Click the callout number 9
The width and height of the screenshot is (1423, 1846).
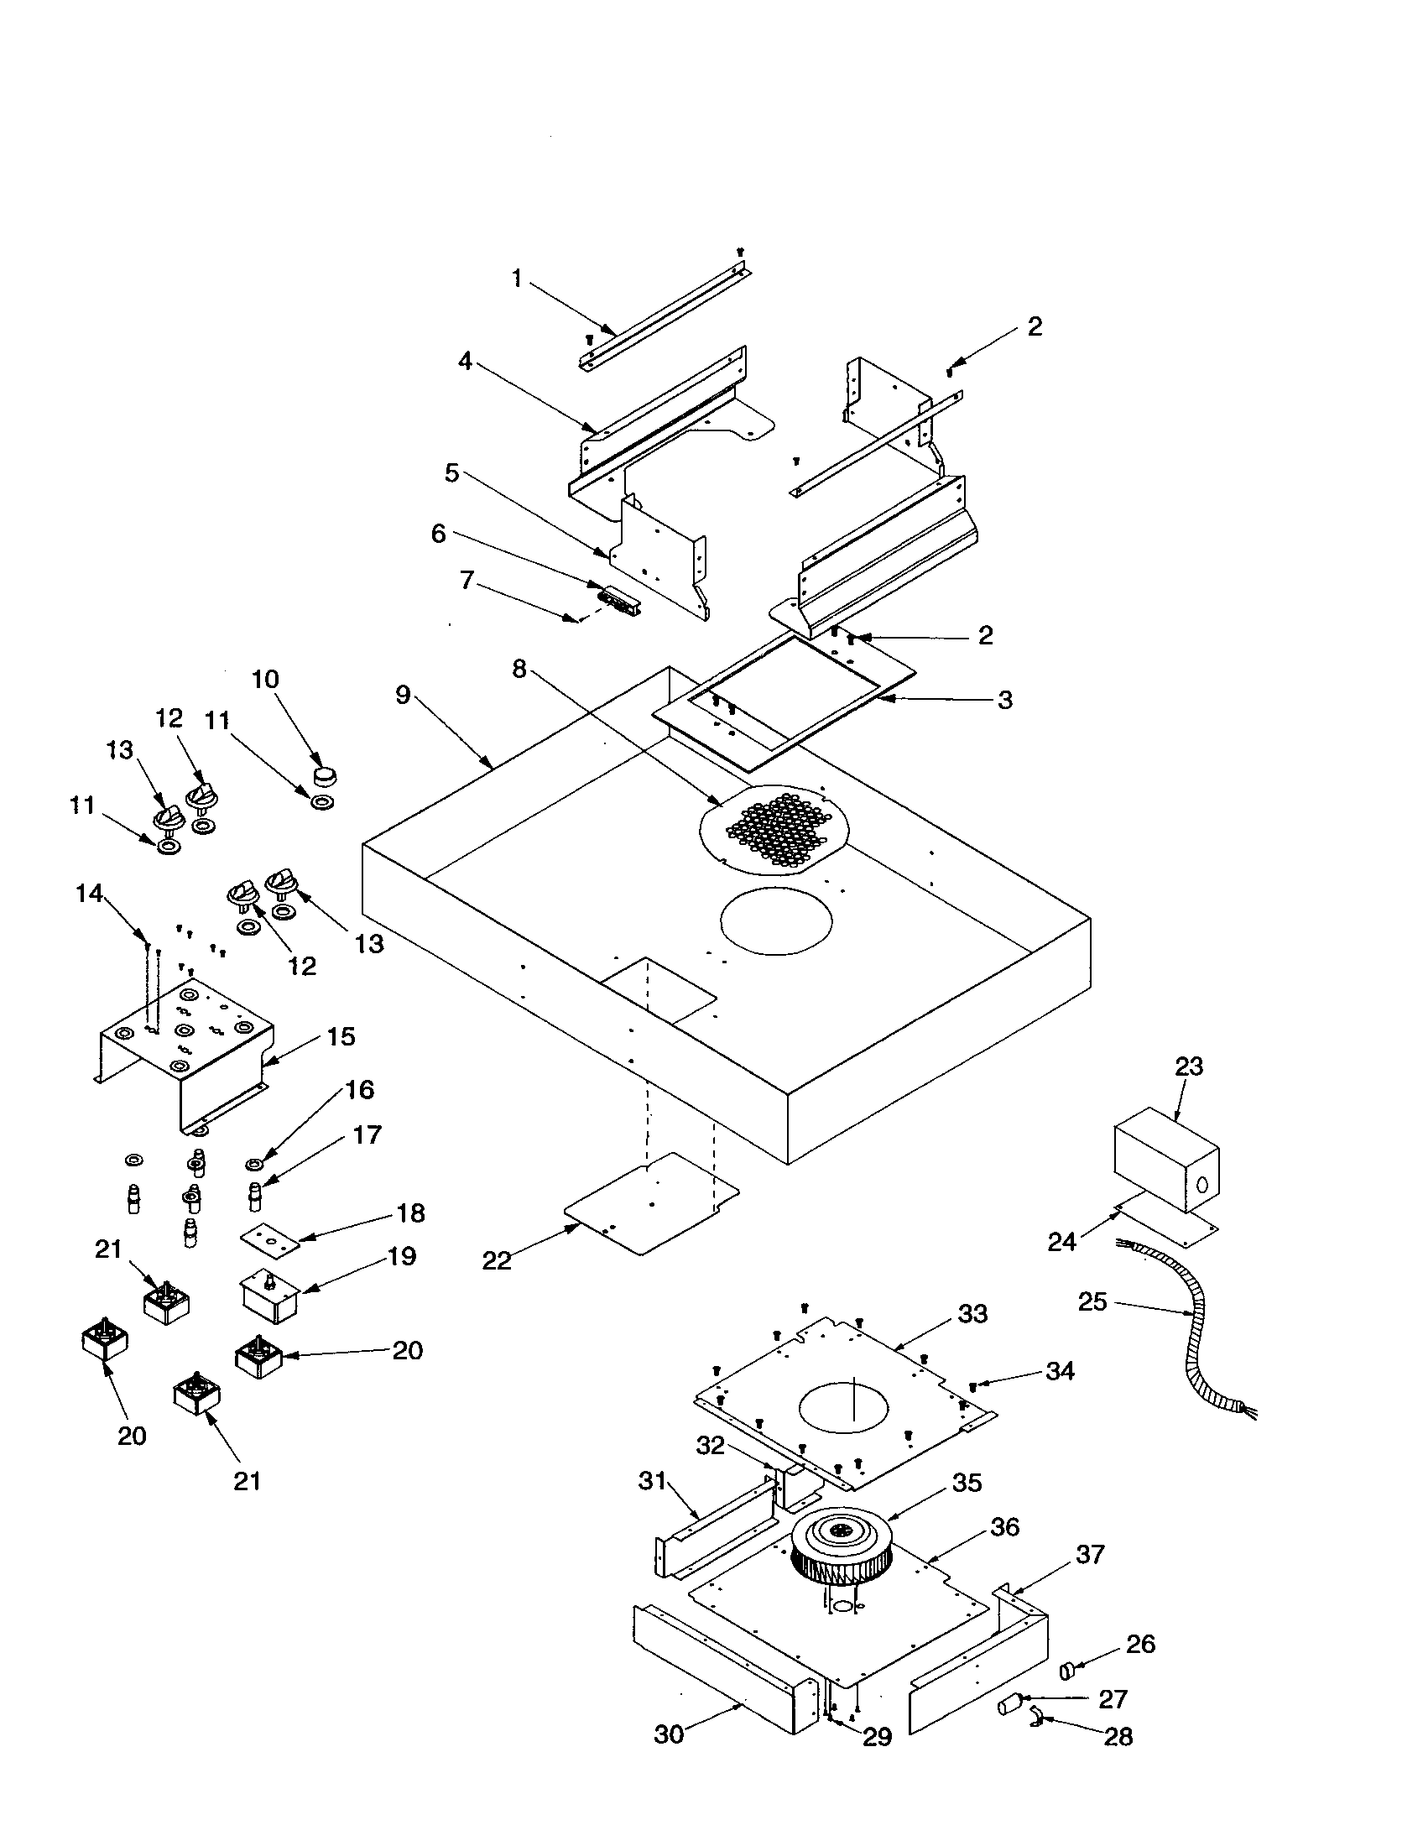(403, 695)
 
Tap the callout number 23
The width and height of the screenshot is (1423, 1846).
(1188, 1066)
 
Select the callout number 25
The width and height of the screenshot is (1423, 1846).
(1092, 1301)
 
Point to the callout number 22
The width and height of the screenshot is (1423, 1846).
(497, 1260)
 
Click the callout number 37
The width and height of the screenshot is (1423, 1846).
(1090, 1554)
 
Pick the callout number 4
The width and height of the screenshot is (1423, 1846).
(465, 361)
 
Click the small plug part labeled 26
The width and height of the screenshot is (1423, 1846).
(1067, 1670)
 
